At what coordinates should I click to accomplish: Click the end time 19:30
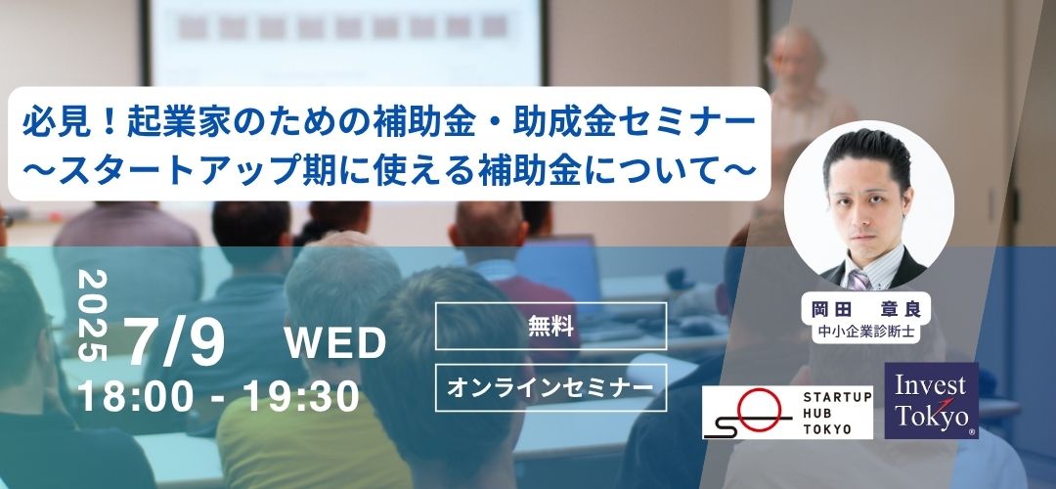[x=301, y=396]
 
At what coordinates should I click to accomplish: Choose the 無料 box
[x=550, y=326]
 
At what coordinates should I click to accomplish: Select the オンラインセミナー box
[x=550, y=387]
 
